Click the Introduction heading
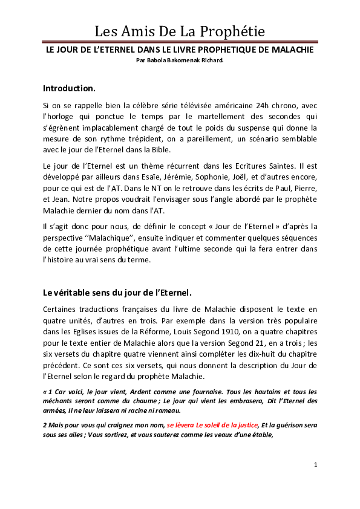click(x=69, y=88)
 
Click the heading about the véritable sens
click(x=117, y=293)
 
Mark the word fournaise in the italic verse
click(x=187, y=392)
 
